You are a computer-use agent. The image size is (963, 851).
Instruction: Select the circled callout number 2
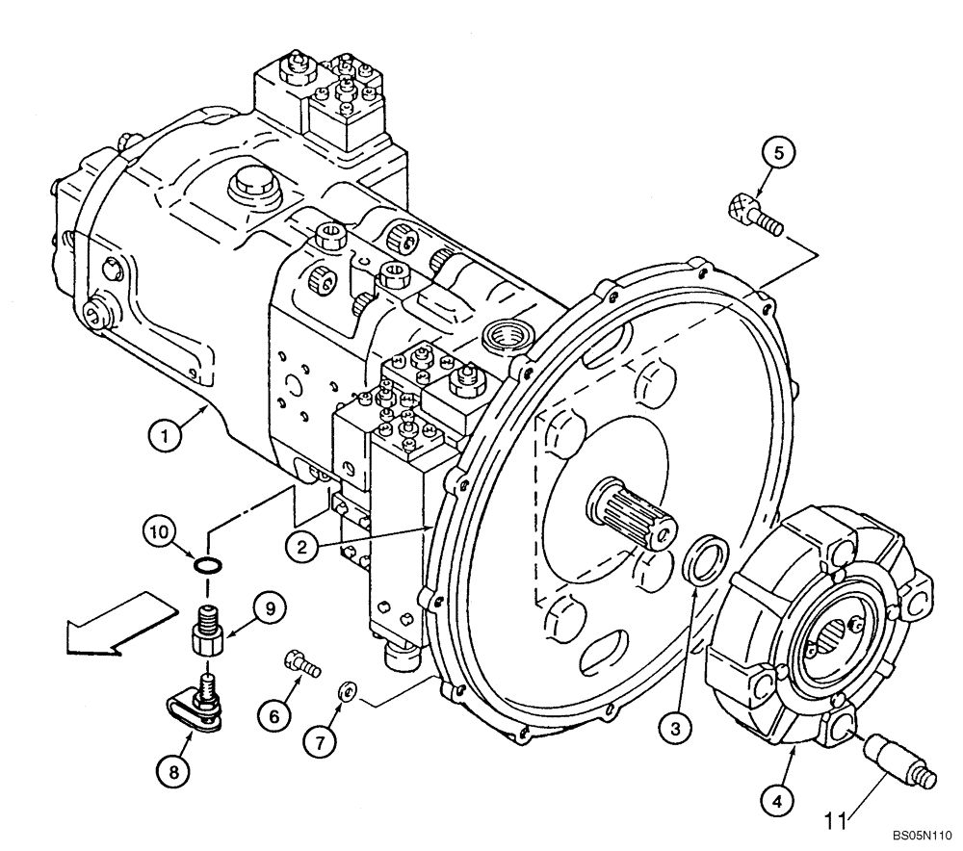point(301,547)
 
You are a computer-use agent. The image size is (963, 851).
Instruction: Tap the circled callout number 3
point(679,730)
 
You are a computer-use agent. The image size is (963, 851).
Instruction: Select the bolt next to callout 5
point(755,215)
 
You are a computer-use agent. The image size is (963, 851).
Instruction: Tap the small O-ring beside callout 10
point(205,564)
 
